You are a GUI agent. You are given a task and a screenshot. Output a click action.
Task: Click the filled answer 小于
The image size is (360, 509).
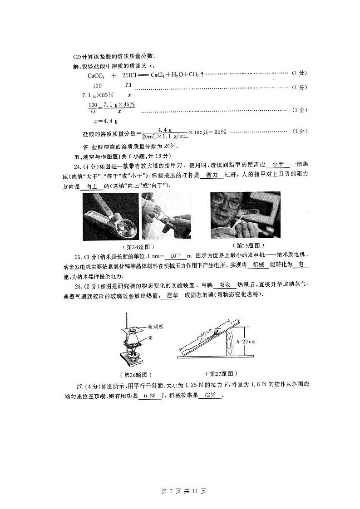tap(279, 166)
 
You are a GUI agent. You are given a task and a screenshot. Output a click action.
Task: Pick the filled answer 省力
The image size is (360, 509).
tap(212, 175)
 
